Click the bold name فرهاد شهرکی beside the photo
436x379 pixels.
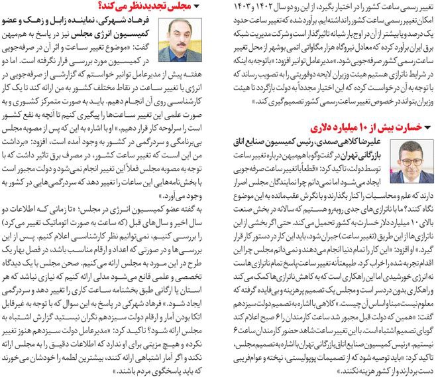[135, 23]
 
